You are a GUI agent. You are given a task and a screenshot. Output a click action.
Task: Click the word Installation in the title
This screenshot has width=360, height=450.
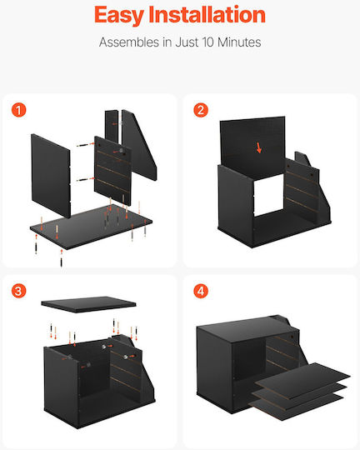coord(207,14)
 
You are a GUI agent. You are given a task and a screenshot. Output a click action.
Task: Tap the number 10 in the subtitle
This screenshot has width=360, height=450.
coord(208,42)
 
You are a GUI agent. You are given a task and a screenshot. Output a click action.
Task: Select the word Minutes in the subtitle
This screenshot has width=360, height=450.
coord(239,42)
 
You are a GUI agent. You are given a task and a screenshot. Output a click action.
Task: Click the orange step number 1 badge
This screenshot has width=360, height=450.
coord(18,110)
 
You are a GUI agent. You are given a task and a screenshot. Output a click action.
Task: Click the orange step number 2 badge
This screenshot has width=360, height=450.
coord(201,110)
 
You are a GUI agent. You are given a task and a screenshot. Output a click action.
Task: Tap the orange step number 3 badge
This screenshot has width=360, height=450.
coord(18,291)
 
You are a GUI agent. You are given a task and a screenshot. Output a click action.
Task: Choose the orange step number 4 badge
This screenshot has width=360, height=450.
coord(201,291)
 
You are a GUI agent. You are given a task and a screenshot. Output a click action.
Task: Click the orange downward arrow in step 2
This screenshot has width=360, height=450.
coord(259,148)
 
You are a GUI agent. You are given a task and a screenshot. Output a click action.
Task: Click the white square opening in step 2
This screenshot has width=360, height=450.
coord(268,195)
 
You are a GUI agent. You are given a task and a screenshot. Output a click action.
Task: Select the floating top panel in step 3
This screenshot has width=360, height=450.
coord(88,304)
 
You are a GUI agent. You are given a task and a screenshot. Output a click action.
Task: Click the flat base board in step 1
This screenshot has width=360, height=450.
coord(91,227)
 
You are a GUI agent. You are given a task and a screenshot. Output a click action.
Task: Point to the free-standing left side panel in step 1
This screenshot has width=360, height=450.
coord(51,176)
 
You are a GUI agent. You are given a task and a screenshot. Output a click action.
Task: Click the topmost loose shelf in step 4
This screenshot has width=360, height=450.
coord(302,381)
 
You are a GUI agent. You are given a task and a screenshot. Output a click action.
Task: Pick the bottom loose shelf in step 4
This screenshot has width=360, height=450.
coord(296,407)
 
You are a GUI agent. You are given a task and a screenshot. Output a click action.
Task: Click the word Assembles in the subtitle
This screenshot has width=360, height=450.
coord(129,42)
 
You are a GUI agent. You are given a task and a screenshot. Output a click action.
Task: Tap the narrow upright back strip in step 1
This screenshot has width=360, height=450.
coord(112,127)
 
